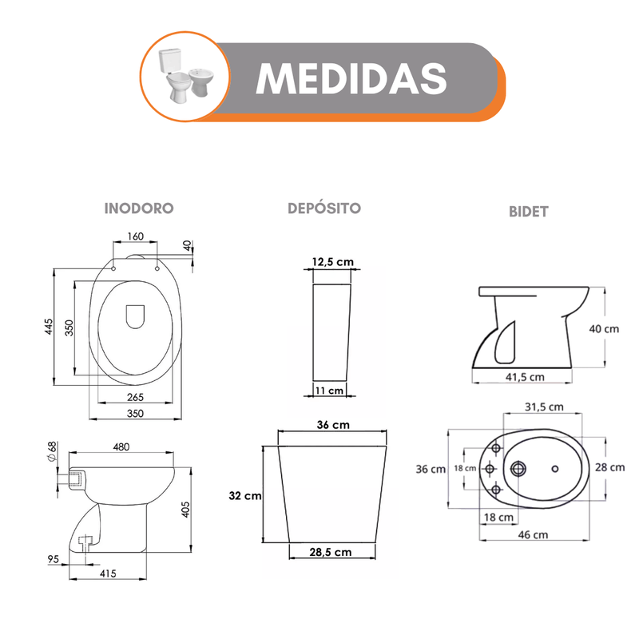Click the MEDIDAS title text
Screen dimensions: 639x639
(351, 78)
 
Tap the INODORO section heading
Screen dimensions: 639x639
(139, 208)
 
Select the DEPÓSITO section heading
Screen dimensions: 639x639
(324, 208)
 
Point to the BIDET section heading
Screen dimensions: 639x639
(529, 212)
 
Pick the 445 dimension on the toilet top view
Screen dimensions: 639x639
(49, 327)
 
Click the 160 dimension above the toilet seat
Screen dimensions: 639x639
(135, 236)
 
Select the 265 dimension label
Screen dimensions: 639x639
(135, 397)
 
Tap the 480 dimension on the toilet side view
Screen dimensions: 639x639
(121, 447)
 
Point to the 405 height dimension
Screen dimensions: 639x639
(185, 510)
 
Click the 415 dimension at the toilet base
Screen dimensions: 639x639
(108, 574)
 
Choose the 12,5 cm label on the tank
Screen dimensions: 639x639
(333, 262)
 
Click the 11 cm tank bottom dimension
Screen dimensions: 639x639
(329, 391)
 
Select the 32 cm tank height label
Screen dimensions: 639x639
(245, 495)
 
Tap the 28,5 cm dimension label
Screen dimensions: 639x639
(331, 552)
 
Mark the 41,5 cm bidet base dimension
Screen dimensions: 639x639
(525, 377)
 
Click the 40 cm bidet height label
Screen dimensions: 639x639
(604, 329)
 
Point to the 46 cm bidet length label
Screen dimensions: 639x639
(533, 534)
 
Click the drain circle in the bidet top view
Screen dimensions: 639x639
(518, 469)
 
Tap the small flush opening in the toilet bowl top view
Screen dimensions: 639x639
(135, 316)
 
